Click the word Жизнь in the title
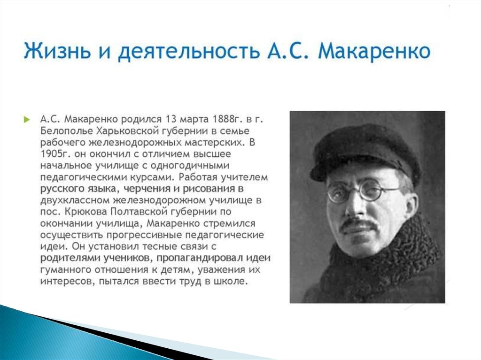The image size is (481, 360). (x=57, y=50)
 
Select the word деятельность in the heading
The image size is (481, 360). (x=188, y=51)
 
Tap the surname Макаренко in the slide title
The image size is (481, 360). (x=374, y=50)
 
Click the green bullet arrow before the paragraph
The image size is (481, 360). (x=27, y=119)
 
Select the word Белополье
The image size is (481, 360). (x=67, y=131)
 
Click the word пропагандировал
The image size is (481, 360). (x=200, y=258)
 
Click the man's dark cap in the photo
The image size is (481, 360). (x=365, y=150)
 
